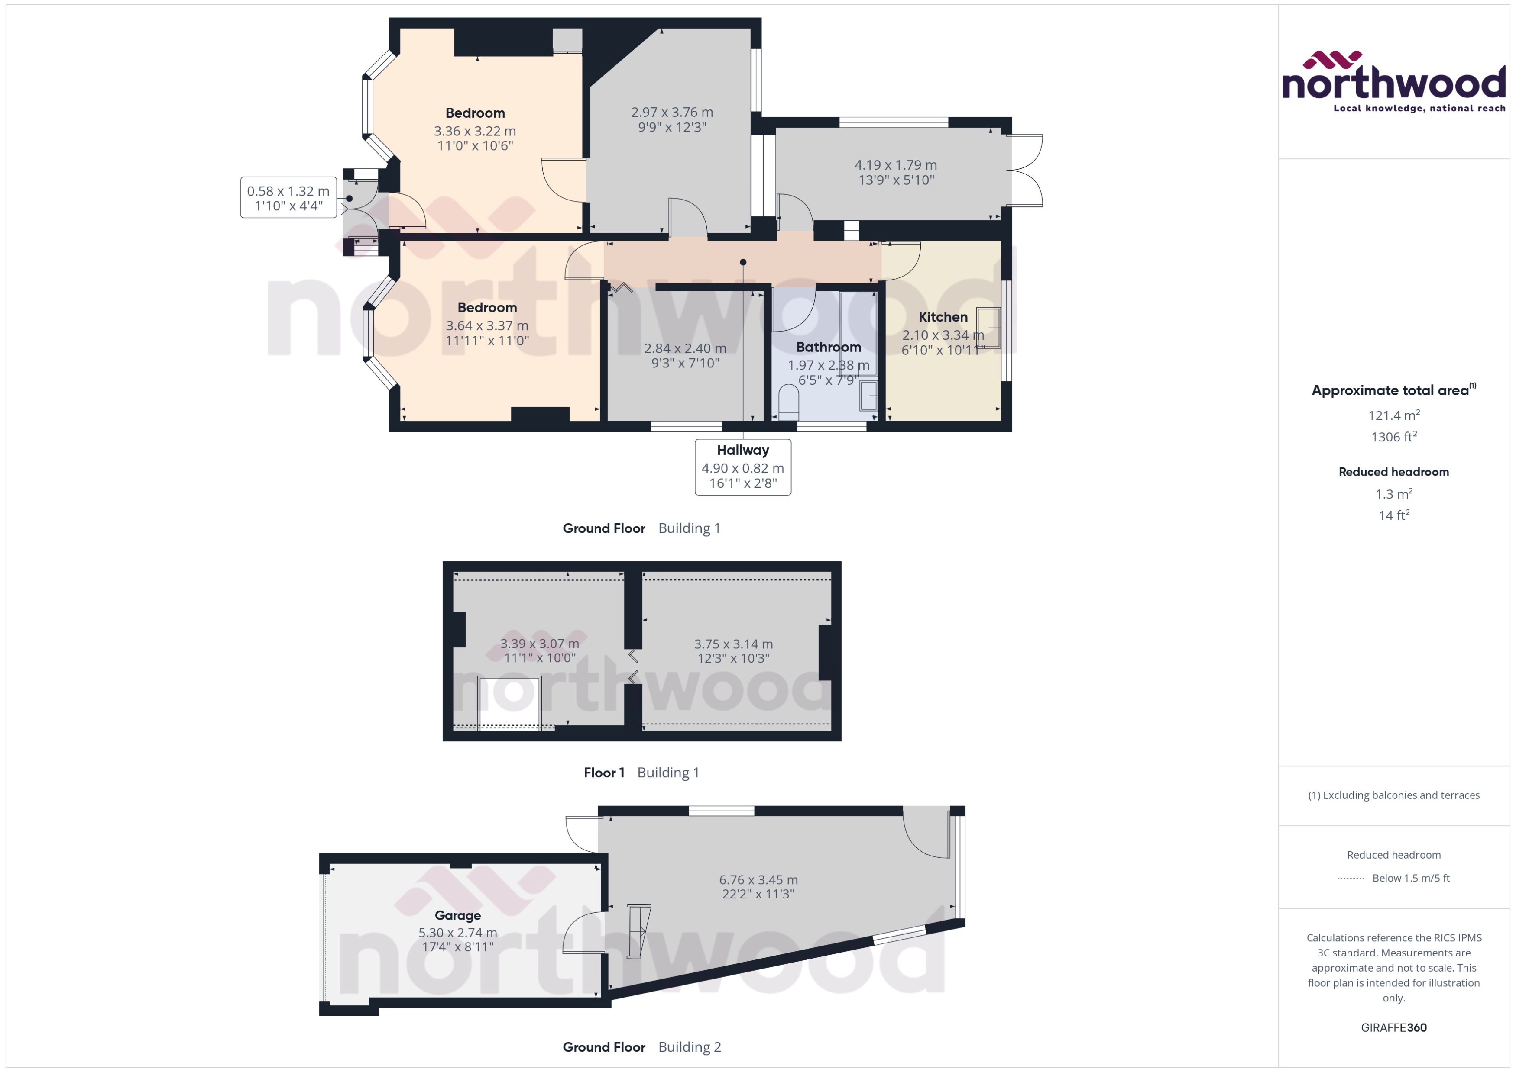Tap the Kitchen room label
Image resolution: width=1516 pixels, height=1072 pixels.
pos(943,317)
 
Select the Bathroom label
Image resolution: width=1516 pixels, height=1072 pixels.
pos(828,347)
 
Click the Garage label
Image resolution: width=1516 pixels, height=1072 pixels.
pos(457,916)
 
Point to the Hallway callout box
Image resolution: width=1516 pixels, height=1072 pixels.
pos(742,467)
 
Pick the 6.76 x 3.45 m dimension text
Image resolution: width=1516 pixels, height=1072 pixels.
pos(758,880)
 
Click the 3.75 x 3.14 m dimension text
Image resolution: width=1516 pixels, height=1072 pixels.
pos(733,644)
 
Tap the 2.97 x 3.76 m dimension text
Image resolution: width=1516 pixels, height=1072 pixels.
pos(672,112)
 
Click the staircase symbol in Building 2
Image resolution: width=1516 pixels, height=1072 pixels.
pos(638,931)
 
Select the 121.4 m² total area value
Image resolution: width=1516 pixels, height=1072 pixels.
pos(1394,415)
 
